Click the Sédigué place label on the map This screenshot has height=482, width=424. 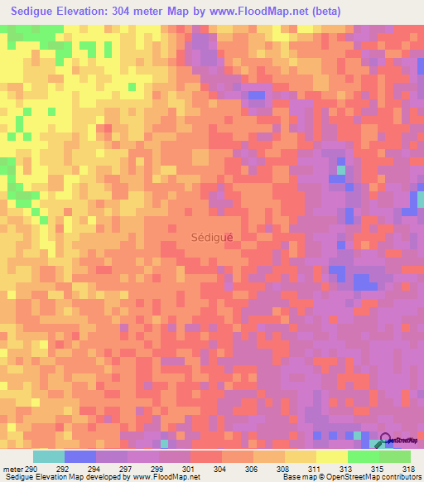(x=212, y=236)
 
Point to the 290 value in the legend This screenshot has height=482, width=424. (x=32, y=468)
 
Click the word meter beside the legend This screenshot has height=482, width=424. (x=12, y=468)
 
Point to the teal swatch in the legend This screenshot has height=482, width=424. (x=49, y=456)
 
